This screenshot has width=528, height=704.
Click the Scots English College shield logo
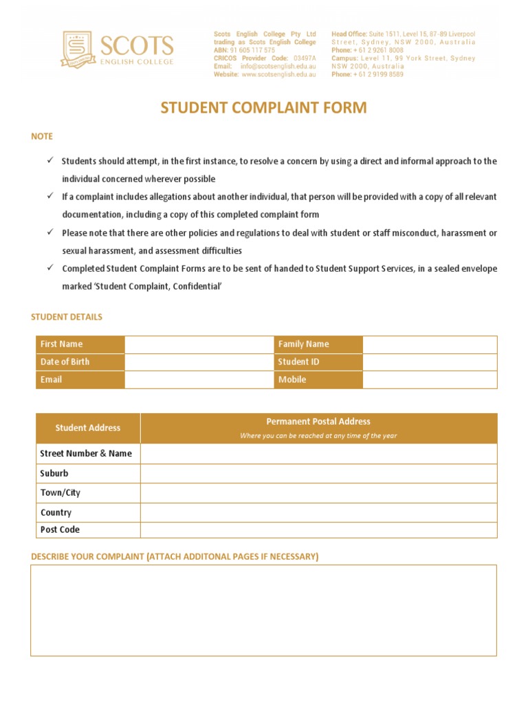[x=79, y=49]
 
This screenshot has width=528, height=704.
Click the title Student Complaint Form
[x=264, y=108]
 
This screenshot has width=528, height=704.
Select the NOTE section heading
[x=42, y=137]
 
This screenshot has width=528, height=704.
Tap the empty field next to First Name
[x=199, y=344]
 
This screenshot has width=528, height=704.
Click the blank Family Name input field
[x=429, y=344]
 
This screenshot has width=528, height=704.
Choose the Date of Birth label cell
[x=80, y=362]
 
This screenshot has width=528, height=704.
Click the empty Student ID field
[x=429, y=362]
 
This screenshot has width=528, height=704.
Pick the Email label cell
[x=80, y=379]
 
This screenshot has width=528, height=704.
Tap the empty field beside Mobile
[x=429, y=379]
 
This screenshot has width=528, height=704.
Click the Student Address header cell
[x=88, y=428]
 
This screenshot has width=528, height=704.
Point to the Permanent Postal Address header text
[x=318, y=422]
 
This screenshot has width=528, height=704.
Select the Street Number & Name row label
[x=87, y=454]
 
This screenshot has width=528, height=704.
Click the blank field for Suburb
[x=318, y=474]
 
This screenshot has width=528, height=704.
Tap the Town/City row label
[x=60, y=493]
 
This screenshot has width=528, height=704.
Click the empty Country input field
[x=318, y=513]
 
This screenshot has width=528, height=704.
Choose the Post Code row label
[x=60, y=530]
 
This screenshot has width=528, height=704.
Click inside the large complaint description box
[x=263, y=610]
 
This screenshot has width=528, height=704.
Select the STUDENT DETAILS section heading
[x=67, y=317]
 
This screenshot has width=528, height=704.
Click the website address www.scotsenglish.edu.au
[x=278, y=74]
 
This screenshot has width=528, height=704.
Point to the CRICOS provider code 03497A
[x=305, y=58]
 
